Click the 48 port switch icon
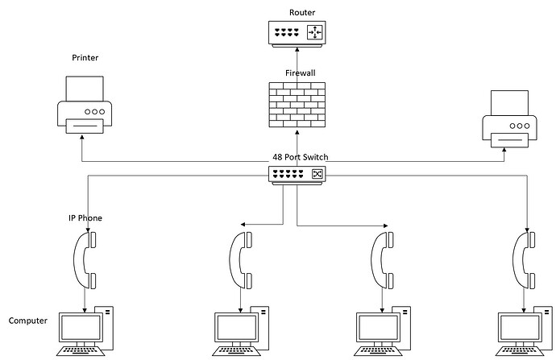pos(298,174)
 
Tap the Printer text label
pos(85,58)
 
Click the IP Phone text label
pos(85,218)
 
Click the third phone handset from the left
pos(383,259)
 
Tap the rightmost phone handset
pos(525,259)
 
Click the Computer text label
pos(27,321)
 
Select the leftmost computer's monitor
pos(82,327)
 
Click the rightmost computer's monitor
pos(521,327)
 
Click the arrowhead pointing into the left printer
pos(81,138)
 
